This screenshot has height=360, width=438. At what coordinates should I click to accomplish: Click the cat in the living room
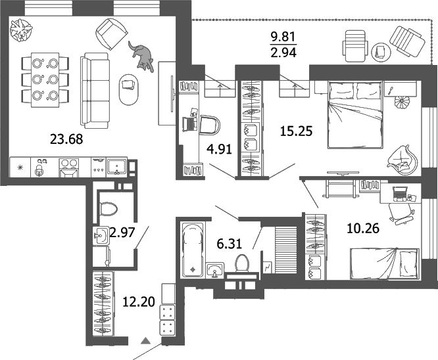(x=141, y=56)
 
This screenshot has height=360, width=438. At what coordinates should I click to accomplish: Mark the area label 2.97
(x=122, y=231)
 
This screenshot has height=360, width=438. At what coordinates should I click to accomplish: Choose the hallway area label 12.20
(x=139, y=302)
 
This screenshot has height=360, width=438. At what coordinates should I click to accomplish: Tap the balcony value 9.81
(x=283, y=38)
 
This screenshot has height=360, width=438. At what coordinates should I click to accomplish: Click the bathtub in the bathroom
(x=193, y=250)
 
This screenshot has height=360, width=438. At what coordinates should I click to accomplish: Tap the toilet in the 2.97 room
(x=108, y=208)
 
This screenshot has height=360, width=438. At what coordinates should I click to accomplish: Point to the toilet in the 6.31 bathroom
(x=242, y=263)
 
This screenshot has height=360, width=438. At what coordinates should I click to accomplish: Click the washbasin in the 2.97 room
(x=100, y=235)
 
